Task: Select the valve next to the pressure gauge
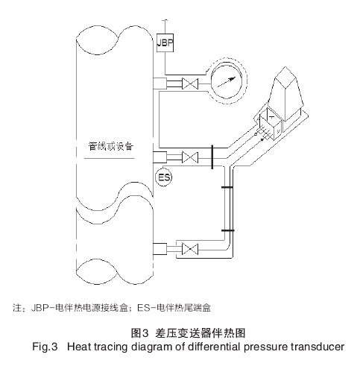click(x=192, y=86)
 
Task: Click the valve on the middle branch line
click(x=191, y=157)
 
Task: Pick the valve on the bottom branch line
click(x=191, y=247)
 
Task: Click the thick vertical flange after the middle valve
click(x=213, y=157)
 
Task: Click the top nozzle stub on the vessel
click(x=159, y=85)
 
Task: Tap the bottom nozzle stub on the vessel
click(x=159, y=247)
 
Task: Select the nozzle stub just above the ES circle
click(x=159, y=157)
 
